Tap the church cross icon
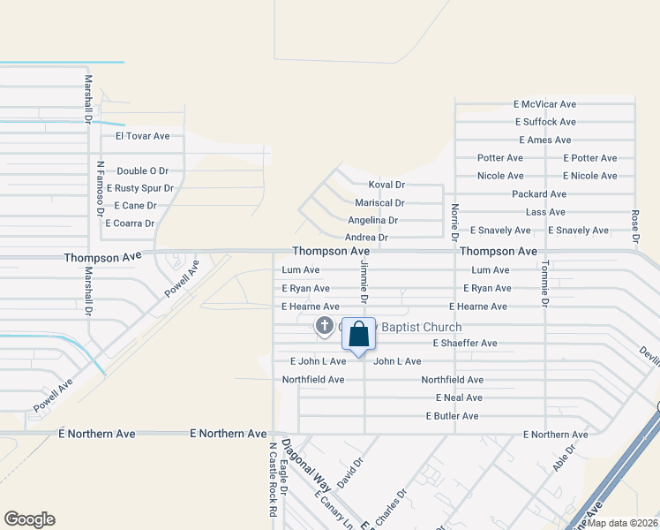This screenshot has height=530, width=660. click(324, 327)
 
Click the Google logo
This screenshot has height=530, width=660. click(29, 519)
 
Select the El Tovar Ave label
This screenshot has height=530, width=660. click(136, 136)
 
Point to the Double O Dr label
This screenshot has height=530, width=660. click(142, 170)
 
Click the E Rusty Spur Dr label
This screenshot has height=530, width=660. click(139, 188)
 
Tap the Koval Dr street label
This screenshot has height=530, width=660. click(386, 185)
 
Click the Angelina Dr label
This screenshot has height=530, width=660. click(372, 220)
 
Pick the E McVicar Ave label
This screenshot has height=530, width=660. click(544, 103)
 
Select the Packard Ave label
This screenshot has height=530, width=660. click(539, 193)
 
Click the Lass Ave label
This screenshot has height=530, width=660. click(545, 212)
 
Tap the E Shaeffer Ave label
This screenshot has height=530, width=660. click(464, 343)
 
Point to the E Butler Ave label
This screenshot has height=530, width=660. click(452, 415)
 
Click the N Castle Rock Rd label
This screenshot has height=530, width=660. click(273, 480)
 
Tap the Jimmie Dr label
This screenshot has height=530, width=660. click(364, 284)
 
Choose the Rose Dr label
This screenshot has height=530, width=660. click(634, 225)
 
